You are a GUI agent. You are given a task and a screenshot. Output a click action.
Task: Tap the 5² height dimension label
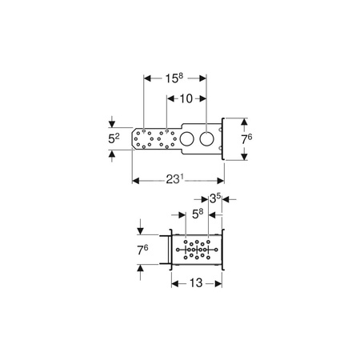coord(113,138)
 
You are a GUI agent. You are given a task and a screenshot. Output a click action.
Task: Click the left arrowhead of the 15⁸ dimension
coord(146,78)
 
